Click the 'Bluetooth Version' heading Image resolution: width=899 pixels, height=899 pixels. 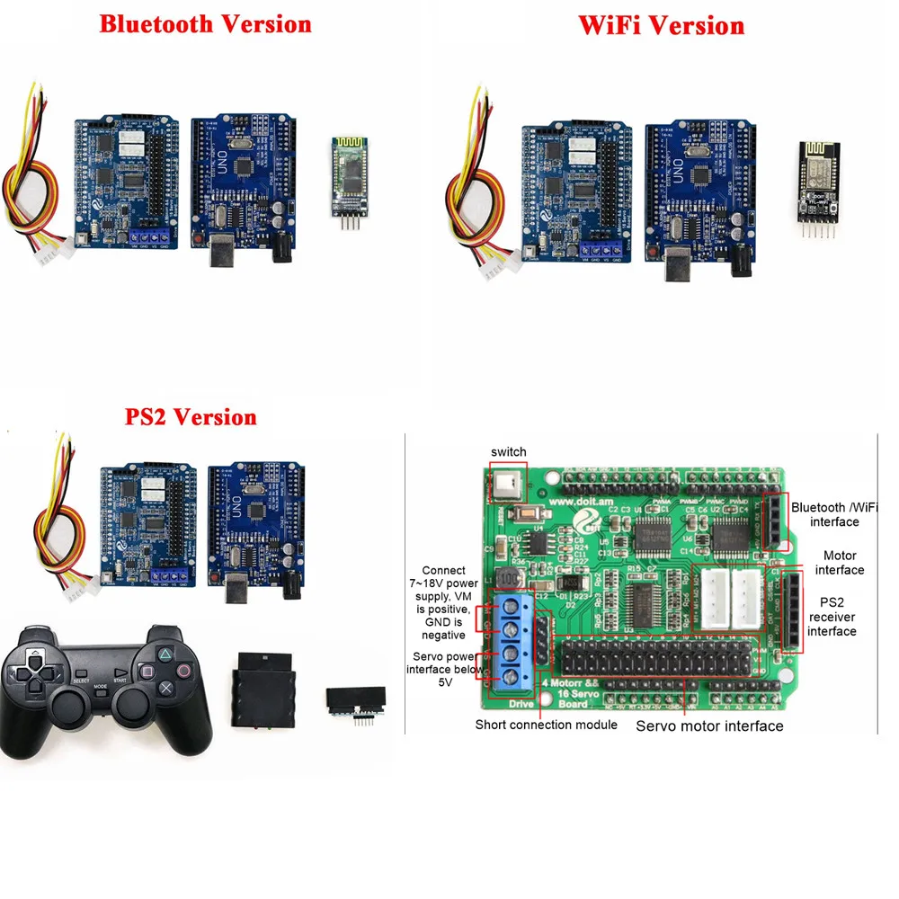205,23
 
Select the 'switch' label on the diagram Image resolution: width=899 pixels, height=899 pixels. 509,450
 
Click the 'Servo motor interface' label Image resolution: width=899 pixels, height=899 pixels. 709,725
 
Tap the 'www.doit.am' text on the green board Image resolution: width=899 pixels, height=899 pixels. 578,502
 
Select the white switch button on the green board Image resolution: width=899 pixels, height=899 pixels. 509,482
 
